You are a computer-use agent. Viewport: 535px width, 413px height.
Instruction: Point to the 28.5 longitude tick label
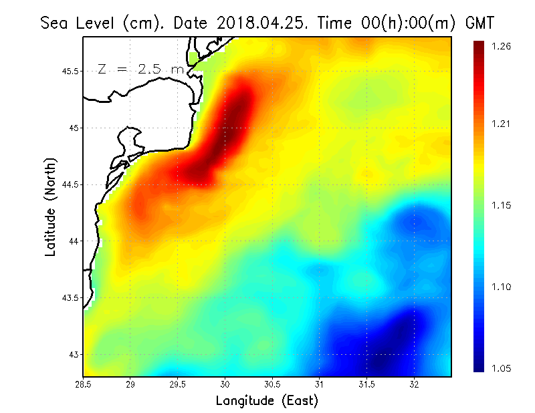coord(84,384)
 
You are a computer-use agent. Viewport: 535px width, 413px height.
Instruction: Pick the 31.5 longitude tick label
coord(366,384)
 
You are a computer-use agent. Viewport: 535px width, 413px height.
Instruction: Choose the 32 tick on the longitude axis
coord(414,384)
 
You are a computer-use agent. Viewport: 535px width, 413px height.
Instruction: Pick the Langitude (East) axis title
coord(267,401)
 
